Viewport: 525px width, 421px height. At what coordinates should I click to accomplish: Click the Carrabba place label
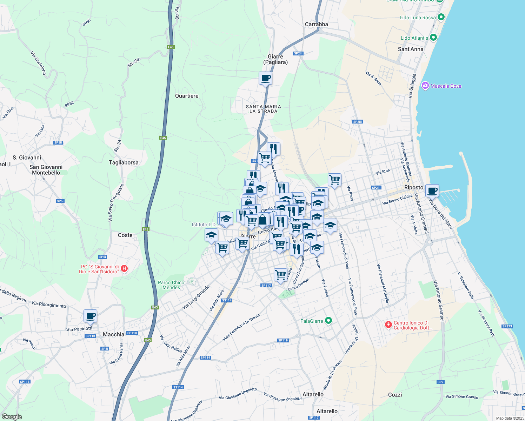pos(316,24)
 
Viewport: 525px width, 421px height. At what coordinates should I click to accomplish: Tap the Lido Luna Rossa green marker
pos(441,17)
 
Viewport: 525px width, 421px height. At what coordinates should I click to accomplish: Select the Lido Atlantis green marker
pos(433,38)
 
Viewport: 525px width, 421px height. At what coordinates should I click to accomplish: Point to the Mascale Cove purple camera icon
pos(425,86)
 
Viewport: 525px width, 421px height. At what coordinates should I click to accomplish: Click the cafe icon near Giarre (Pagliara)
pos(266,78)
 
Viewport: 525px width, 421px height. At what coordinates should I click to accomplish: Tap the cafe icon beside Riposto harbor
pos(432,191)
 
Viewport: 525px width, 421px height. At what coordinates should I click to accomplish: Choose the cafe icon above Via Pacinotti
pos(90,316)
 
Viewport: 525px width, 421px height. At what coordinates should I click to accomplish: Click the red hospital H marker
pos(124,269)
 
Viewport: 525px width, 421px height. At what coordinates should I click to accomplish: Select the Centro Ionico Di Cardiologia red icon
pos(388,325)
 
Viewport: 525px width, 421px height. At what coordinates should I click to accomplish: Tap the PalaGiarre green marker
pos(328,321)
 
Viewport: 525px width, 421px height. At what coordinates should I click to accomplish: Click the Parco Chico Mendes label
pos(171,285)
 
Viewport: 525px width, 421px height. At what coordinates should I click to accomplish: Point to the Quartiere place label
pos(187,96)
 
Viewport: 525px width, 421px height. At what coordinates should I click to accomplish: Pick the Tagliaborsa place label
pos(124,162)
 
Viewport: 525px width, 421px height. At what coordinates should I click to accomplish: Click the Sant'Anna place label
pos(411,49)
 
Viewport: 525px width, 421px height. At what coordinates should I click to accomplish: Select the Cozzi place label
pos(395,395)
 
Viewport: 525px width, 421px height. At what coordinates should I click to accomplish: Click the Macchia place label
pos(113,334)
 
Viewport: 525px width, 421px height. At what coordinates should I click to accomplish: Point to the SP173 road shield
pos(507,326)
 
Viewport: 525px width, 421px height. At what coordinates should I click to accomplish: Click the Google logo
pos(12,417)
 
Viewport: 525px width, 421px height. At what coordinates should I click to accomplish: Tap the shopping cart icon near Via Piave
pos(334,180)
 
